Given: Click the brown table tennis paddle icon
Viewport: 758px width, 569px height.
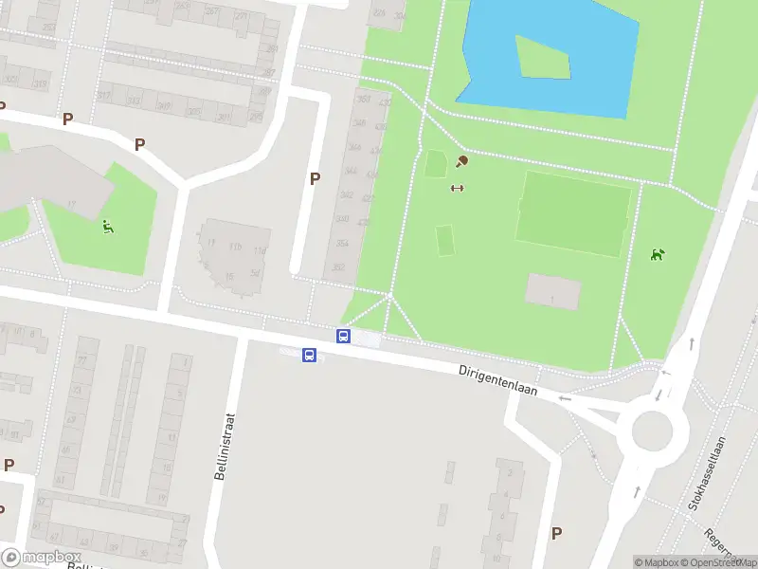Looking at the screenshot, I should [x=462, y=161].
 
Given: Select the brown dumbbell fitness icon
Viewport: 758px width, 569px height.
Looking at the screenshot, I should [x=457, y=187].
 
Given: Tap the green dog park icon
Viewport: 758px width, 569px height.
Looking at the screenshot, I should [x=657, y=254].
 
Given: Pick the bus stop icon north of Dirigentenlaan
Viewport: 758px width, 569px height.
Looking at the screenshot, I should [x=343, y=336].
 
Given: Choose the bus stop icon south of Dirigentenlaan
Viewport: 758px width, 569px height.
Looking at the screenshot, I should [x=309, y=355].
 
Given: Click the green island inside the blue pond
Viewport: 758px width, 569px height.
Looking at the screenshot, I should [x=545, y=57].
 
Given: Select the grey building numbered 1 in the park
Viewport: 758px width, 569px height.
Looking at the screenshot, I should [x=552, y=291].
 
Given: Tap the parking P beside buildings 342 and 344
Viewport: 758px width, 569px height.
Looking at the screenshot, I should [x=315, y=178].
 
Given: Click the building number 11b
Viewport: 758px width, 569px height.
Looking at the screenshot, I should [x=235, y=248].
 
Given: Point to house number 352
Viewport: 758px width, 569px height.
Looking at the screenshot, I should [x=338, y=266].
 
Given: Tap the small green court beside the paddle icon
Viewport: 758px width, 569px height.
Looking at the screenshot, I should [x=435, y=164].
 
